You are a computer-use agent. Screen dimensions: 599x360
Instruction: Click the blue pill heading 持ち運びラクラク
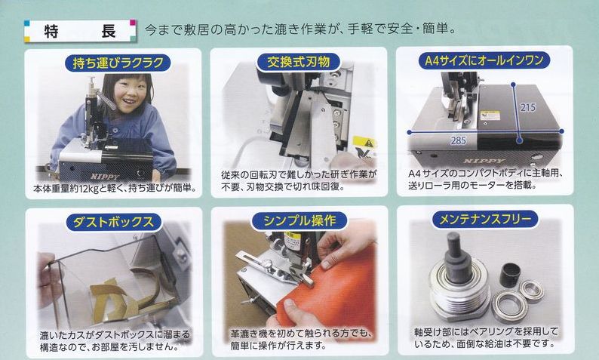(x=117, y=63)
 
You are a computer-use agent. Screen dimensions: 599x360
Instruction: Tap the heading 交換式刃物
(x=298, y=62)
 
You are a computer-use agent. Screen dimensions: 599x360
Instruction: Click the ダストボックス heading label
(x=113, y=222)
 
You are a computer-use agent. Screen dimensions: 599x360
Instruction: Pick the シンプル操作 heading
(x=299, y=220)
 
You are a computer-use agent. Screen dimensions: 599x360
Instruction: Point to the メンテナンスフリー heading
(x=485, y=219)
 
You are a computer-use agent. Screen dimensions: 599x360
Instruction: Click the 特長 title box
(x=80, y=31)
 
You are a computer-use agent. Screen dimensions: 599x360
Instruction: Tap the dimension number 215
(x=527, y=107)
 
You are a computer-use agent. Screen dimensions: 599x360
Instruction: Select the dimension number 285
(x=458, y=140)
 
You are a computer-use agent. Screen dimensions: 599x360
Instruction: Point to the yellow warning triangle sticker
(x=369, y=143)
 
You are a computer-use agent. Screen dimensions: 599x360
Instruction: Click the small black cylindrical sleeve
(x=510, y=275)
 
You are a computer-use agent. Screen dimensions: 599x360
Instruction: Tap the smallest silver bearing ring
(x=531, y=291)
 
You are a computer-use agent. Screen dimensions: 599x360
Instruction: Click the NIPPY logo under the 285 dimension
(x=484, y=161)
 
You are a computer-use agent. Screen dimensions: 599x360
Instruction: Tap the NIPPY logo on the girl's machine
(x=105, y=176)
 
